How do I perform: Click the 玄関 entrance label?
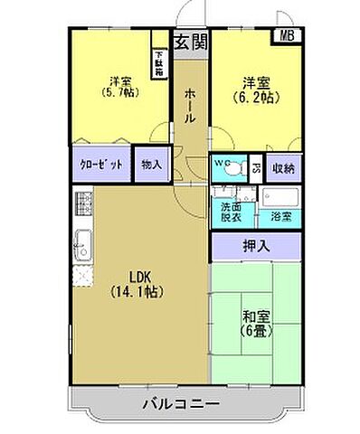190,41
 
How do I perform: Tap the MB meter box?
287,37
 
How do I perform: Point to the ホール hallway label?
189,106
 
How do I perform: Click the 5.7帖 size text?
117,91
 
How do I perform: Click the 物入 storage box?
152,165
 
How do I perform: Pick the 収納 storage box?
283,167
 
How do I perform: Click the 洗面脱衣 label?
232,212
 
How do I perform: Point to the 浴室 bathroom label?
280,218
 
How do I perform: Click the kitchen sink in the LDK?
81,241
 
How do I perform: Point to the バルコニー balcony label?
181,402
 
